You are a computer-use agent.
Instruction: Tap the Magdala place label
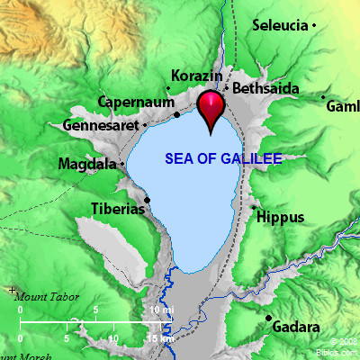pyautogui.click(x=86, y=165)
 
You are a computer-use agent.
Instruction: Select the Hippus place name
pyautogui.click(x=275, y=216)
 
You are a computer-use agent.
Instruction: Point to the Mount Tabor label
pyautogui.click(x=47, y=296)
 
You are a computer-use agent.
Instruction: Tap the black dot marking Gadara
pyautogui.click(x=268, y=318)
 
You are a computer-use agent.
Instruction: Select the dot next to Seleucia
pyautogui.click(x=314, y=27)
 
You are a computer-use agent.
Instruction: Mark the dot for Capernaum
pyautogui.click(x=177, y=114)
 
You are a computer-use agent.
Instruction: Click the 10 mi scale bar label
pyautogui.click(x=162, y=310)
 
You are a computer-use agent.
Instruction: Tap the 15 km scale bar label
pyautogui.click(x=163, y=337)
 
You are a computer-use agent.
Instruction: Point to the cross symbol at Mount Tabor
pyautogui.click(x=11, y=290)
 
